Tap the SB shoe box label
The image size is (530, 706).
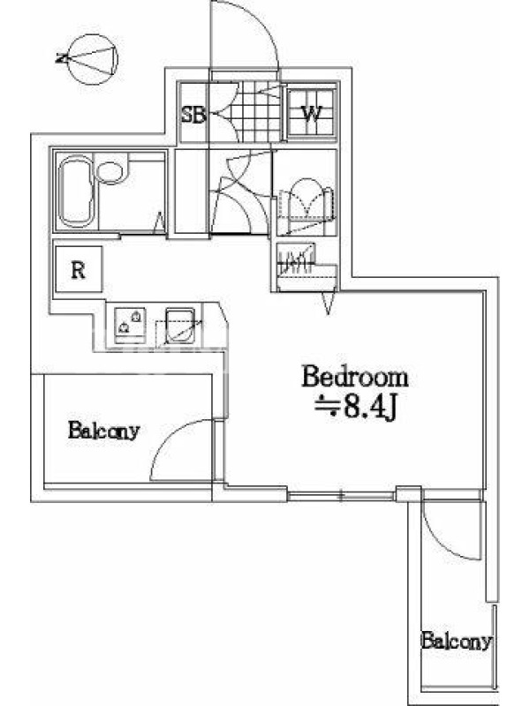193,116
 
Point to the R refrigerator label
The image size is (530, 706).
79,270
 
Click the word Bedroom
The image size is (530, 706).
355,378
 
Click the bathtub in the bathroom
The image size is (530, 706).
76,191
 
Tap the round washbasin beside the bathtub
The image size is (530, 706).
110,172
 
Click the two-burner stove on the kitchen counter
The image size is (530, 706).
130,325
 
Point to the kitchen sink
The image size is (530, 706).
180,325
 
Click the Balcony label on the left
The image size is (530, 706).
104,431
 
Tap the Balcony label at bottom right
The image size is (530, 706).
456,641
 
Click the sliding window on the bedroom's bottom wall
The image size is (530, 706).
341,497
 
